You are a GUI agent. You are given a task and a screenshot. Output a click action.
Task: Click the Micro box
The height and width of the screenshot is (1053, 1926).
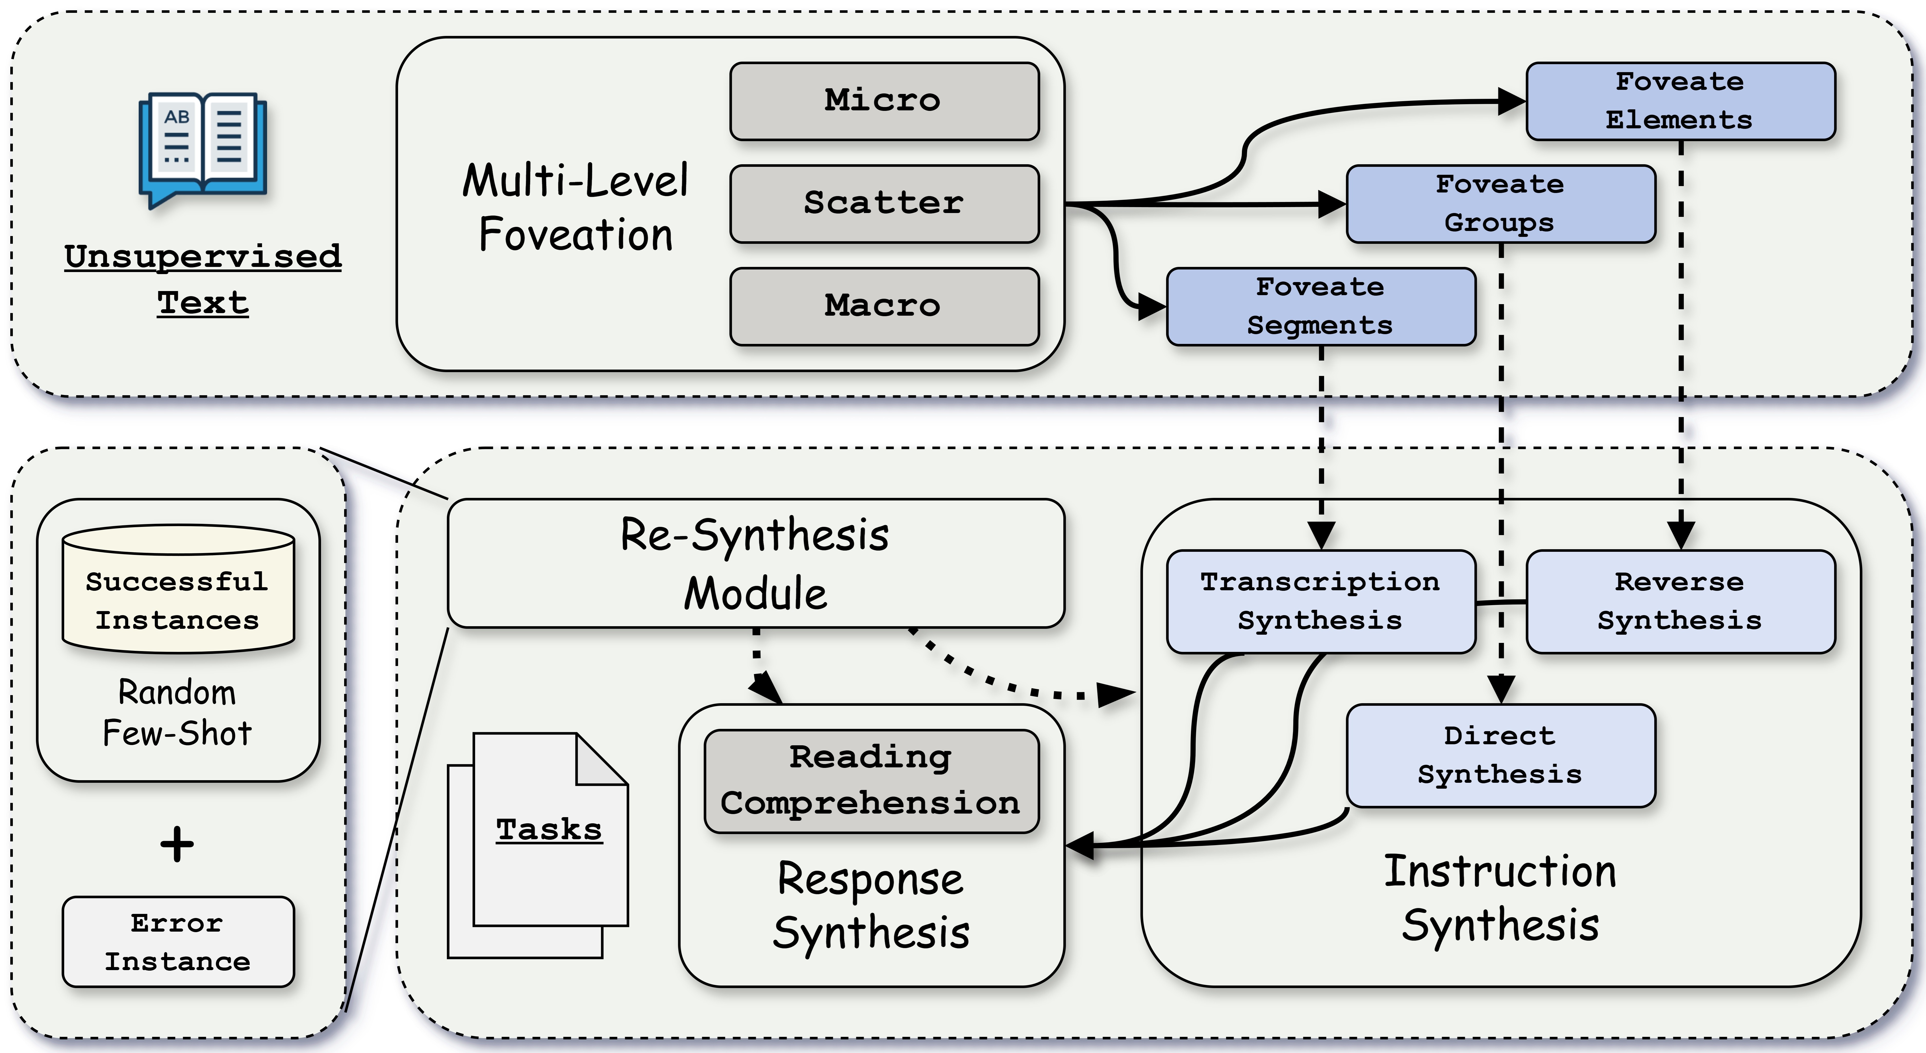[884, 101]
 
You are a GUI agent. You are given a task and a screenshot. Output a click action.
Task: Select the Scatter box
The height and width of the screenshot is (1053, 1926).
[884, 203]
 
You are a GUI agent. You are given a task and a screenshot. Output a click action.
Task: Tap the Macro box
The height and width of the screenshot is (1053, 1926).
[884, 306]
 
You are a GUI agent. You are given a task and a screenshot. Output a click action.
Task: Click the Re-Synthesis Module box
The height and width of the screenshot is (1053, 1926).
[755, 563]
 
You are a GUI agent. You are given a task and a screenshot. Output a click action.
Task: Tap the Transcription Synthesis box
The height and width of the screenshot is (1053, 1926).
[1320, 601]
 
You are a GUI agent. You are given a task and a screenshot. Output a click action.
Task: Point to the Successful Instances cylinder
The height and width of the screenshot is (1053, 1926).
[178, 590]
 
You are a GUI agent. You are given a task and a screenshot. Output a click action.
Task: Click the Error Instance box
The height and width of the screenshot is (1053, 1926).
[178, 942]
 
